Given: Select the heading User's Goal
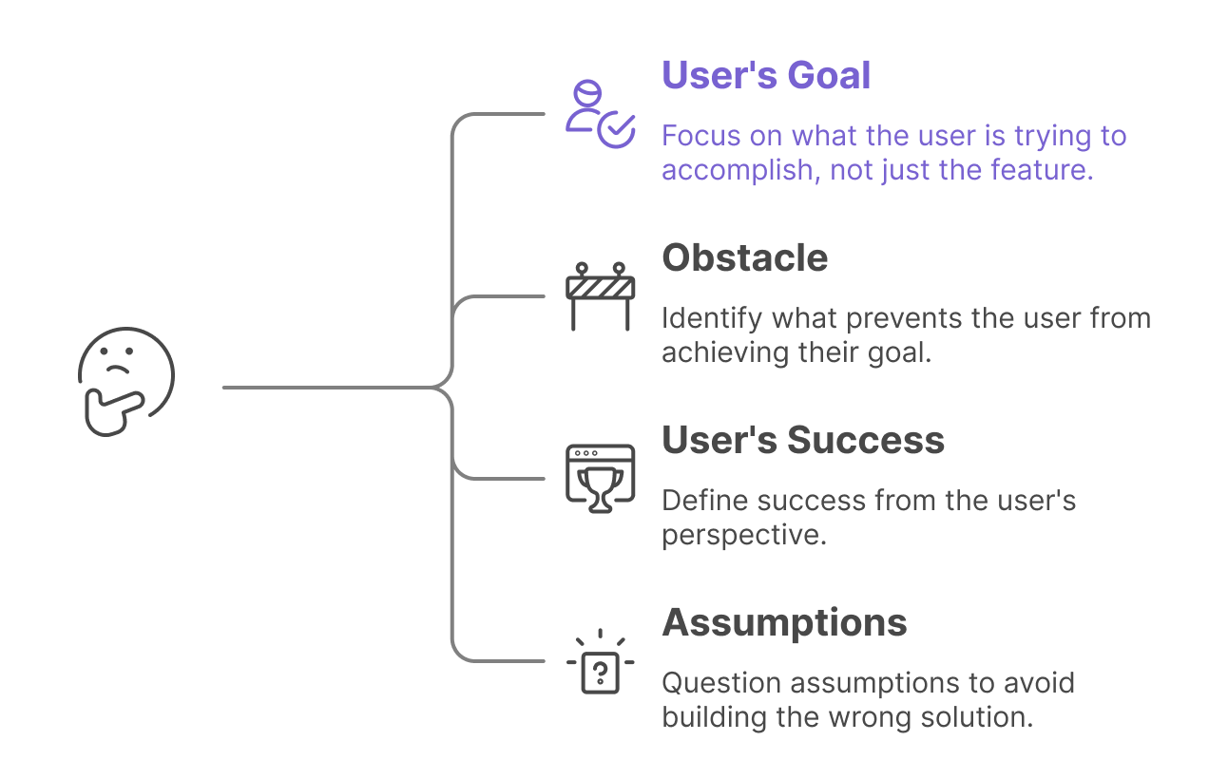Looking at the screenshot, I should [x=766, y=75].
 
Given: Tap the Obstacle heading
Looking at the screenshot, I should [x=744, y=257].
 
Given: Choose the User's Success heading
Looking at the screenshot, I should [x=803, y=440].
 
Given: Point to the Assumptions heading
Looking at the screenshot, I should [x=784, y=622].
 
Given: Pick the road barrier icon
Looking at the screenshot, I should [x=600, y=295].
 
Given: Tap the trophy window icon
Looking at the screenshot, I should [x=600, y=479].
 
